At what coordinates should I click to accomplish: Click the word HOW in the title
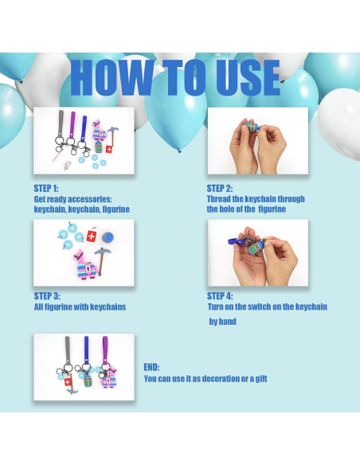[111, 78]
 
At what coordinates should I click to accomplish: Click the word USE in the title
[248, 78]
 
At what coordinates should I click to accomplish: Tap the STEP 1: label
[46, 189]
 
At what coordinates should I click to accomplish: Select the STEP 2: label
[220, 189]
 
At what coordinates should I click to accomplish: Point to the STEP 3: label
[47, 296]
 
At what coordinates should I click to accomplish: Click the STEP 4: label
[220, 296]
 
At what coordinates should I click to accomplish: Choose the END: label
[151, 367]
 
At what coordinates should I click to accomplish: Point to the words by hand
[222, 322]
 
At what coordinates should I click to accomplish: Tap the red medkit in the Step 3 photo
[92, 236]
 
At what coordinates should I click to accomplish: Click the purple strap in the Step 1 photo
[72, 124]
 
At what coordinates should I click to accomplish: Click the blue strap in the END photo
[86, 348]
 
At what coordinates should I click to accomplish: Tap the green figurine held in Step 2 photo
[251, 127]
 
